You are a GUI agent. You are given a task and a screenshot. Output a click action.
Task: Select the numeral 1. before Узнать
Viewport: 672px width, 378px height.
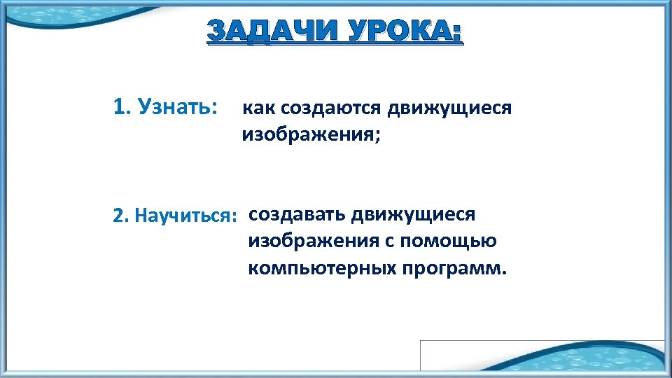[x=121, y=107]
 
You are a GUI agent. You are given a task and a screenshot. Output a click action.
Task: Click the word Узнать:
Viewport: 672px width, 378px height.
[x=178, y=107]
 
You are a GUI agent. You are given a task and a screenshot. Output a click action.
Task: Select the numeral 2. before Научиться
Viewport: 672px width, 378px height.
[x=120, y=214]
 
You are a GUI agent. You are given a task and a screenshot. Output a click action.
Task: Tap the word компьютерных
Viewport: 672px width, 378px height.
[x=322, y=269]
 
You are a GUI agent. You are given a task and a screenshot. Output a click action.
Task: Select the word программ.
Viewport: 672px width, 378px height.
[x=451, y=269]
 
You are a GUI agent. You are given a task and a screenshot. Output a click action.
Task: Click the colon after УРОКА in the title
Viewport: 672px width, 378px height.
[x=458, y=35]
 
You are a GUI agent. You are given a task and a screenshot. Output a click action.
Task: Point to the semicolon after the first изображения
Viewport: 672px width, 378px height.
[x=378, y=136]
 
